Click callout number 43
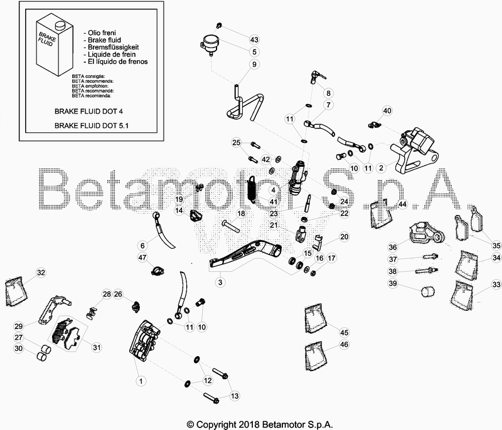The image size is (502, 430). tap(254, 39)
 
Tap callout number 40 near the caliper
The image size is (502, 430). tap(387, 111)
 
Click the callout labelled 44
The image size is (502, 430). tap(402, 204)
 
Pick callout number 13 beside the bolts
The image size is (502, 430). tap(235, 396)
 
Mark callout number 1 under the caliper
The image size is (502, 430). tap(141, 380)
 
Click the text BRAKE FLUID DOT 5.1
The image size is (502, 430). tap(95, 125)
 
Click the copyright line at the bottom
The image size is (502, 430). tap(251, 423)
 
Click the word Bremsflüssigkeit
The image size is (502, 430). tap(110, 47)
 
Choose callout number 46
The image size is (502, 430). tap(343, 344)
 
